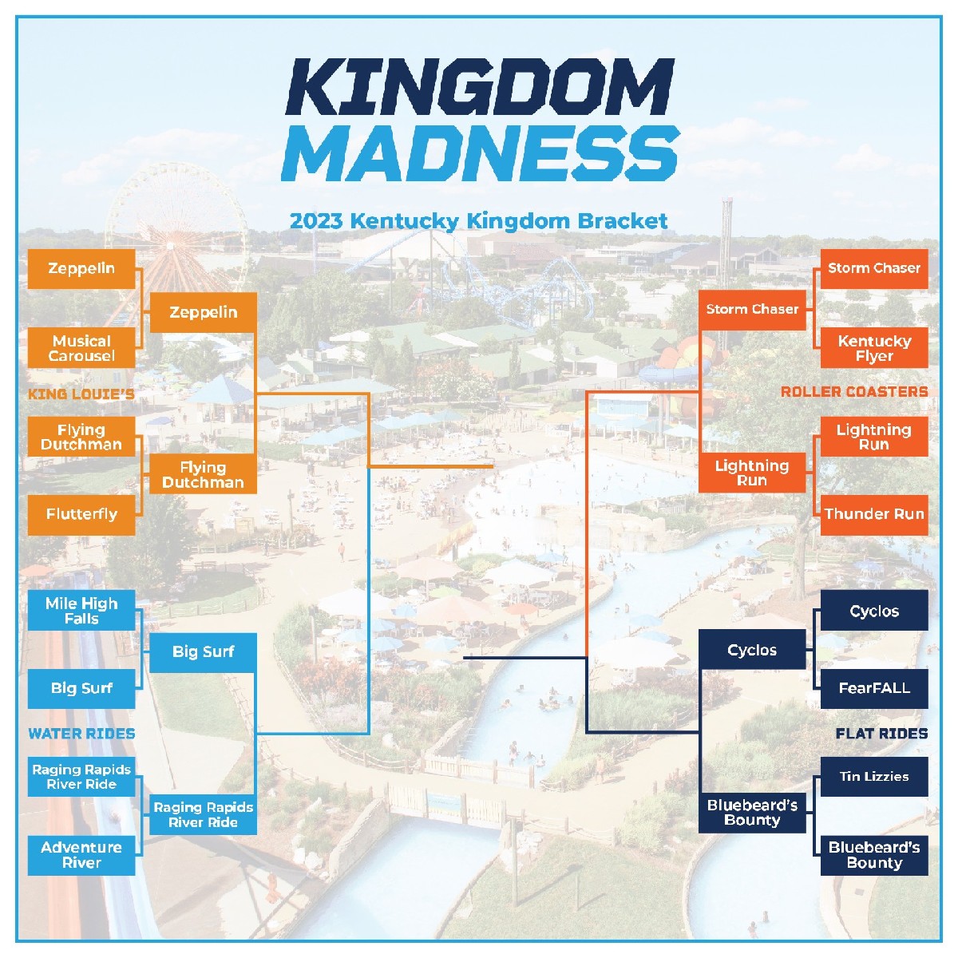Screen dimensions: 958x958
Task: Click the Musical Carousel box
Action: tap(81, 348)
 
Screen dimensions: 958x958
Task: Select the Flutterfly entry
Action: tap(81, 514)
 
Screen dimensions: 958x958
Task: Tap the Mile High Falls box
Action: tap(81, 611)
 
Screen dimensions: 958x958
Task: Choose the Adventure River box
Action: tap(81, 855)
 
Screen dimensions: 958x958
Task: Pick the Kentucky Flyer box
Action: tap(874, 348)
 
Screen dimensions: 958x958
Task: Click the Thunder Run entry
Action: tap(874, 514)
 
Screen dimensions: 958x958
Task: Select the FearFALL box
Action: tap(874, 688)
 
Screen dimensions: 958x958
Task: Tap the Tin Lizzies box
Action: tap(874, 776)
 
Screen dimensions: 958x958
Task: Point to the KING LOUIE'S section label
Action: tap(81, 394)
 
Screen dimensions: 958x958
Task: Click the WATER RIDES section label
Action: tap(81, 734)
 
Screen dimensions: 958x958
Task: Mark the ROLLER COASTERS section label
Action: tap(854, 392)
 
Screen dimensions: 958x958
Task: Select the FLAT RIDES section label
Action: tap(881, 734)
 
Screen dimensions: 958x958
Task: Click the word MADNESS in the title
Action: tap(480, 153)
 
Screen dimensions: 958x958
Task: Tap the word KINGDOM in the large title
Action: tap(480, 88)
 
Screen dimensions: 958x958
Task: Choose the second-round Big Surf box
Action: tap(203, 652)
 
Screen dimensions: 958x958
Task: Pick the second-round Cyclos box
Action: tap(752, 650)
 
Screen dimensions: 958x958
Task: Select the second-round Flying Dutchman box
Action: tap(203, 474)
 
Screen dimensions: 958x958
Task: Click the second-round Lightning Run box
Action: tap(752, 473)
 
